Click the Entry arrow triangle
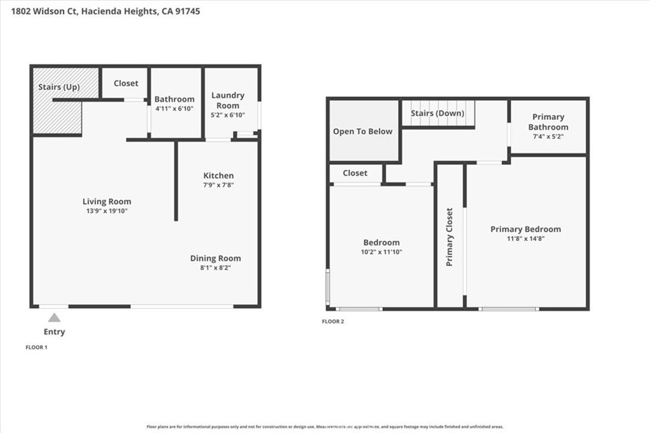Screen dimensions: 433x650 55,318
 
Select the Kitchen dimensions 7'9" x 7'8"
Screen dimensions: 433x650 218,185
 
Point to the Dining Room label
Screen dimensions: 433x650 216,258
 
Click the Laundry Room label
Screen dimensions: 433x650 228,100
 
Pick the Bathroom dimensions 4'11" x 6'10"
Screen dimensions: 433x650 175,109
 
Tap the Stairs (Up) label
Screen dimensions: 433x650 59,87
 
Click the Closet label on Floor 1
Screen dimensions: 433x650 126,83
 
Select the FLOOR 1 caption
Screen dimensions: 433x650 36,347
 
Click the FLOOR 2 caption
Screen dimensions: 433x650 333,321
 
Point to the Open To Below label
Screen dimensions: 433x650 363,131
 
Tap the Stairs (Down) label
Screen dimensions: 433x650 437,113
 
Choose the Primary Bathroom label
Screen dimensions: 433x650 548,122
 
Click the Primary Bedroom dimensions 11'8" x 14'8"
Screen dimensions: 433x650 526,238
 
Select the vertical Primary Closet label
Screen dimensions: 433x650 449,236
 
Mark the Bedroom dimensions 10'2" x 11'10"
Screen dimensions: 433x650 381,252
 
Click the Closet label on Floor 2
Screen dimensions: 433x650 355,172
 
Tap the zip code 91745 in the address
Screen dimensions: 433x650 188,11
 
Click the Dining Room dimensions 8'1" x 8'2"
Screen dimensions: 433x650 216,268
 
